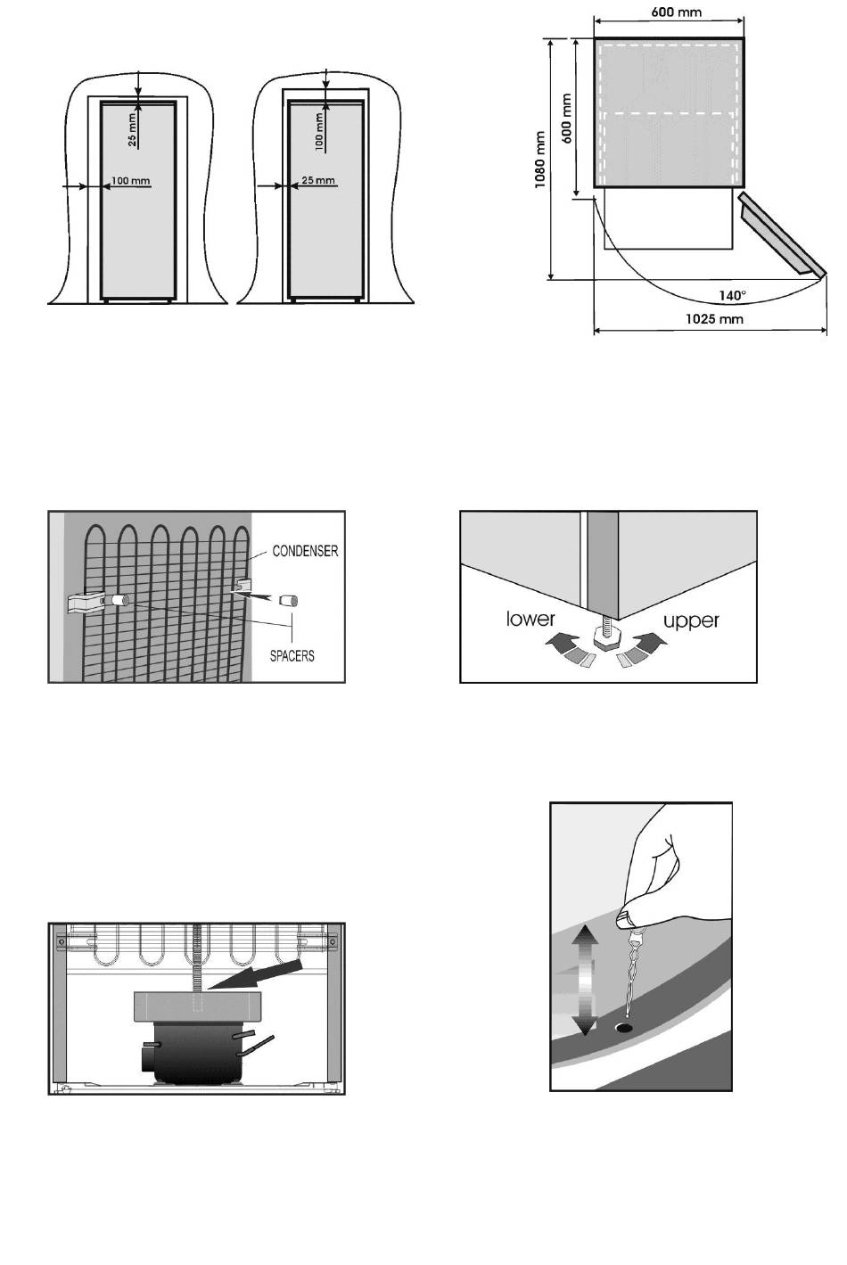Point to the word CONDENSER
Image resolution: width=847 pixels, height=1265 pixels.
click(305, 552)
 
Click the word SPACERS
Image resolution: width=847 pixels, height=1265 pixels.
click(292, 656)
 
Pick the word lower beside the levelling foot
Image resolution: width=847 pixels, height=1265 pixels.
click(530, 619)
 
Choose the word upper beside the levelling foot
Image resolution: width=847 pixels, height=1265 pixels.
click(691, 620)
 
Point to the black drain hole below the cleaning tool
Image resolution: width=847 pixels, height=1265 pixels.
click(624, 1028)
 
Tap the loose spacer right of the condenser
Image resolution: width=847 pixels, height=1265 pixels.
click(288, 600)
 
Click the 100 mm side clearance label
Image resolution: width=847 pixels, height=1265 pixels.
click(130, 181)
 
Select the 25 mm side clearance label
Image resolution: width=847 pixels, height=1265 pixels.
click(318, 181)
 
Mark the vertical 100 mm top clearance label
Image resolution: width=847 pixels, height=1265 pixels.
click(319, 129)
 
